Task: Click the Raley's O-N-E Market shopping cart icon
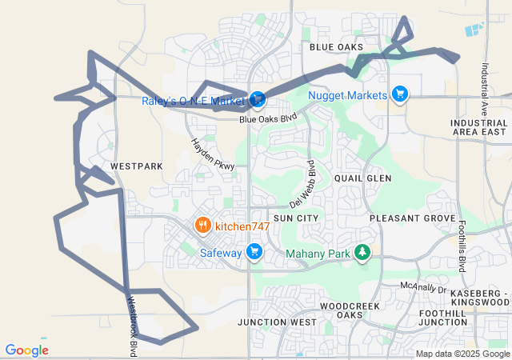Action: pyautogui.click(x=257, y=100)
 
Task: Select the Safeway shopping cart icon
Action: pyautogui.click(x=255, y=252)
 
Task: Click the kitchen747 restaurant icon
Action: pyautogui.click(x=203, y=226)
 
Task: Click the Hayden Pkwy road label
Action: pyautogui.click(x=212, y=154)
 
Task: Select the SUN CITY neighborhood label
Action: pyautogui.click(x=295, y=218)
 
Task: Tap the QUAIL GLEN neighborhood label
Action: pyautogui.click(x=362, y=178)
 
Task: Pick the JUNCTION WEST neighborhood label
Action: pyautogui.click(x=277, y=322)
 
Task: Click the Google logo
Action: pyautogui.click(x=26, y=350)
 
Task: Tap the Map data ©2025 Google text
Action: pyautogui.click(x=462, y=354)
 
